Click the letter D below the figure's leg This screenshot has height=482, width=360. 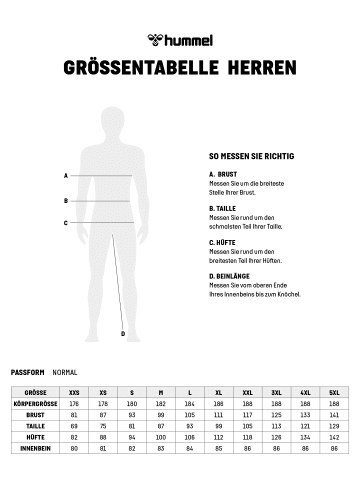coord(122,334)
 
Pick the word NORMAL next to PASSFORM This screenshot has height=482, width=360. coord(65,371)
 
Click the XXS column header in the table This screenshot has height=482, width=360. coord(74,393)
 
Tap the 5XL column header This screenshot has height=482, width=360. coord(334,393)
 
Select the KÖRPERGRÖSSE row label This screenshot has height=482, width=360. coord(35,402)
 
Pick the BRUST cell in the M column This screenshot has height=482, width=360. coord(161,413)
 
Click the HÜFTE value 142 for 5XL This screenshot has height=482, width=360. coord(334,436)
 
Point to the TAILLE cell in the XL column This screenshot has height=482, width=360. coord(218,425)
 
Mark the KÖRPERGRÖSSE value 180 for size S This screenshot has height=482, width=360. coord(132,402)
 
